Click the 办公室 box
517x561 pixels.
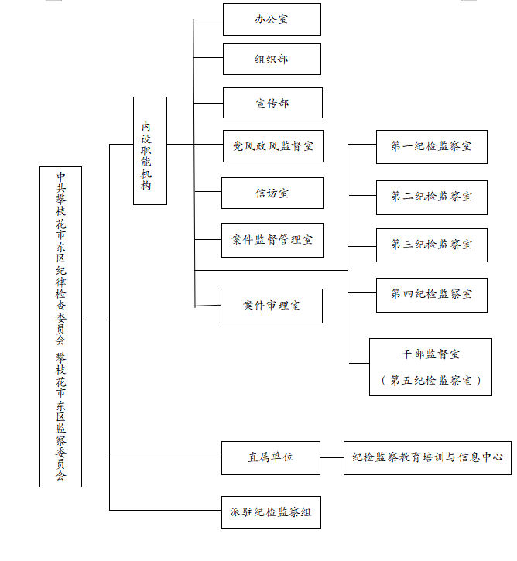point(272,19)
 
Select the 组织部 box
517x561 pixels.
point(272,59)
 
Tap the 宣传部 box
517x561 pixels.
point(272,103)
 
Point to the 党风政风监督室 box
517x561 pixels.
point(273,146)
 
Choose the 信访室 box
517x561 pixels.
point(272,193)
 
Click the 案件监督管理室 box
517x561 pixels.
point(272,240)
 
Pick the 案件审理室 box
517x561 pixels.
point(272,306)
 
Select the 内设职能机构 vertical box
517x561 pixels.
point(150,151)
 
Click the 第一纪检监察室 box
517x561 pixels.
point(432,147)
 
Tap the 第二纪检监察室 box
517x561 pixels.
point(432,197)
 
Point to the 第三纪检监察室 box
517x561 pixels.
point(432,245)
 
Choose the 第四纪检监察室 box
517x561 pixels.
point(432,295)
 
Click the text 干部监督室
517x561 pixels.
point(430,354)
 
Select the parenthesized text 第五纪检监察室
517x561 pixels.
point(430,380)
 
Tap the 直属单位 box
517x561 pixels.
point(271,458)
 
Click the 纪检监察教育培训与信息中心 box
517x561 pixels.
point(427,458)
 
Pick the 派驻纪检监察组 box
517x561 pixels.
point(271,512)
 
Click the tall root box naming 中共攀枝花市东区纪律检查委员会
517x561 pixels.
point(61,327)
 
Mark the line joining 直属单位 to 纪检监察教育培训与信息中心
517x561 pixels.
point(332,457)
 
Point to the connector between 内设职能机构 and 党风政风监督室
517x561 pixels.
point(195,144)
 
